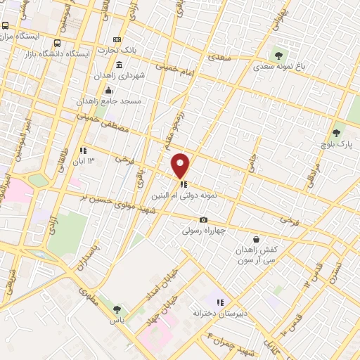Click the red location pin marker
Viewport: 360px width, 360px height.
(x=181, y=165)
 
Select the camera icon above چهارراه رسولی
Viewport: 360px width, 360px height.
(x=204, y=220)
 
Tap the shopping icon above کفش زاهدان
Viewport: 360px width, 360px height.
(x=263, y=239)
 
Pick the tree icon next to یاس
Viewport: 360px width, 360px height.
(x=116, y=309)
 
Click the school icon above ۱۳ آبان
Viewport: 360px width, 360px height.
(x=83, y=150)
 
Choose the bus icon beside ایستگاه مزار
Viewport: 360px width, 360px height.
(x=6, y=25)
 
